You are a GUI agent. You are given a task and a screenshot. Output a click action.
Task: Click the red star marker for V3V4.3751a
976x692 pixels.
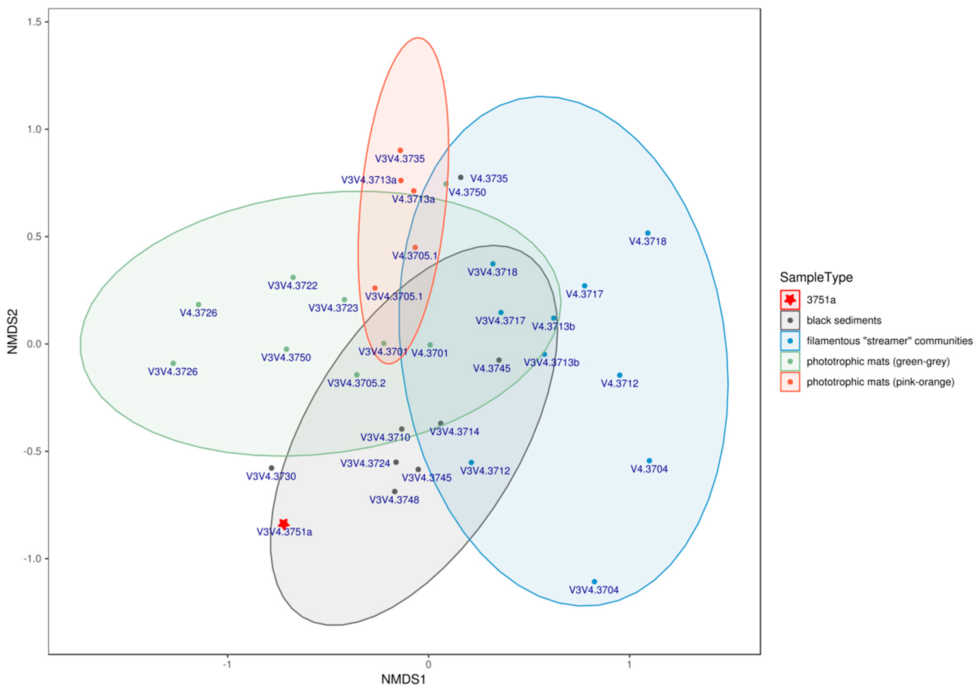(x=283, y=524)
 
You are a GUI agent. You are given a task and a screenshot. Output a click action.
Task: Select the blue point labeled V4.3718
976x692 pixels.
(x=648, y=233)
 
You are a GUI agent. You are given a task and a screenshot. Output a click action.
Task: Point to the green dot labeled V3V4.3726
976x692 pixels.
(x=173, y=363)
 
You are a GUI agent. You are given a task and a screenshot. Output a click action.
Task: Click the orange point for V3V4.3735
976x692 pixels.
(x=400, y=151)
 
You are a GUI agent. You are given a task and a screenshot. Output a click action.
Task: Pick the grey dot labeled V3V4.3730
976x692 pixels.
(x=271, y=468)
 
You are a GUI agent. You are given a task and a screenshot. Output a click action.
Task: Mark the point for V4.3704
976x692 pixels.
(x=649, y=460)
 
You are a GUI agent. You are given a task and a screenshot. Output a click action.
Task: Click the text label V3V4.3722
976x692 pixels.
(x=292, y=285)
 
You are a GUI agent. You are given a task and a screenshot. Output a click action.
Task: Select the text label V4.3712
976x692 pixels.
(x=619, y=384)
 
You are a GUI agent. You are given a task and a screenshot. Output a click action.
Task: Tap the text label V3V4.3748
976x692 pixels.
(x=394, y=500)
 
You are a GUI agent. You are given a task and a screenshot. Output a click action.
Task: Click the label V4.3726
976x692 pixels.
(x=198, y=313)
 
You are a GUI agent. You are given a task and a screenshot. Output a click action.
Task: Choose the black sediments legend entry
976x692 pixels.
(x=843, y=320)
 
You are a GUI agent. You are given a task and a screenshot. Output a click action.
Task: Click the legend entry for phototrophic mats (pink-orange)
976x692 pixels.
(x=880, y=382)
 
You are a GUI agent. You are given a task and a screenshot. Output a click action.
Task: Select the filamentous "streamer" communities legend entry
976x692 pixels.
(x=889, y=341)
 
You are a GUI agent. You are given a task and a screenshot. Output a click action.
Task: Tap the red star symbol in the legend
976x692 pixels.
(x=790, y=300)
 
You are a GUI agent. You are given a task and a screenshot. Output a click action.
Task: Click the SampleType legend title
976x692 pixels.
(x=816, y=277)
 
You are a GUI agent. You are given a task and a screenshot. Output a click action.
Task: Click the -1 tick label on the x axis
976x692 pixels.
(x=227, y=664)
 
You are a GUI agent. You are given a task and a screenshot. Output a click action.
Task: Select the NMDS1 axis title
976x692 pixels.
(x=403, y=679)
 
